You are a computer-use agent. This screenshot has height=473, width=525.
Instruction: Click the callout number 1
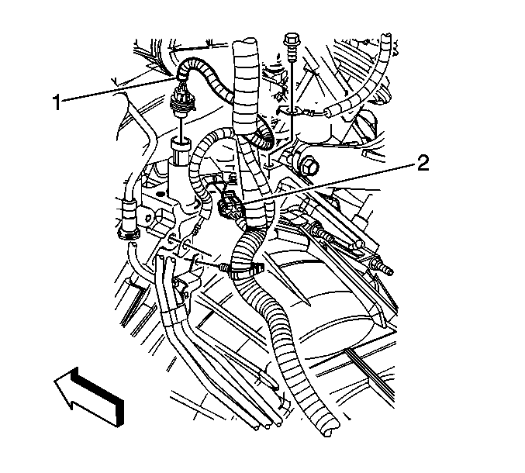tap(57, 102)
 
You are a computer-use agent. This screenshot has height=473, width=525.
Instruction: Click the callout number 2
tap(423, 164)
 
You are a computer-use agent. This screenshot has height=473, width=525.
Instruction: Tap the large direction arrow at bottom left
tap(89, 396)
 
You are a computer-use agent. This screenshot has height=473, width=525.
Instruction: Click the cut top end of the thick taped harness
tap(245, 43)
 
